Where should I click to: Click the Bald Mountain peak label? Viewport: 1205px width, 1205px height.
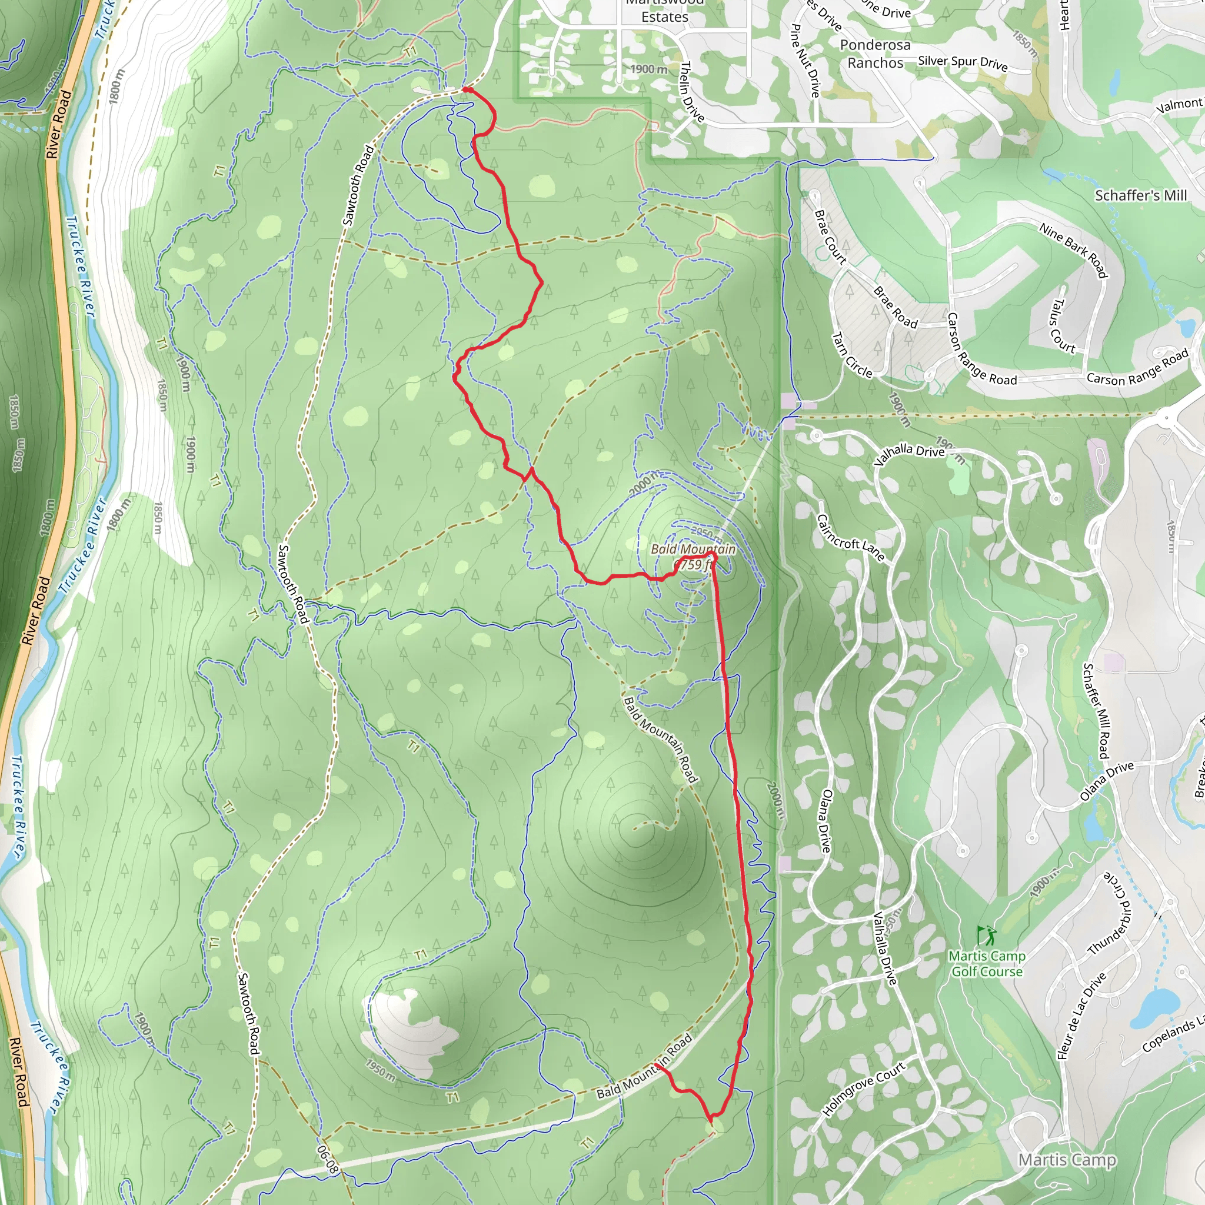(x=693, y=550)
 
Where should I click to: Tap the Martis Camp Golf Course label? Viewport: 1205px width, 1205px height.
(x=987, y=964)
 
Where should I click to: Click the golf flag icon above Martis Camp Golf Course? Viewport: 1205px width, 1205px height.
(x=987, y=936)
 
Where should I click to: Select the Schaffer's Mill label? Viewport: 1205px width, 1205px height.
(x=1141, y=195)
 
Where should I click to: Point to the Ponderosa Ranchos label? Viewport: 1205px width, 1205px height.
(x=875, y=54)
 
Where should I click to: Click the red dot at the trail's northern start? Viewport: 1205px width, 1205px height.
(x=466, y=90)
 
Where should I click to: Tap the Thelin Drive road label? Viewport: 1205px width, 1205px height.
(x=693, y=92)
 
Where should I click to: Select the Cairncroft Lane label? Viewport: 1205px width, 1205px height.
(x=851, y=537)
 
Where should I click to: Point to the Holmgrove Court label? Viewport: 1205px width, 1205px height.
(x=864, y=1089)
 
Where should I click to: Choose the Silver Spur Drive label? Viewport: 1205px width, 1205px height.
(x=963, y=63)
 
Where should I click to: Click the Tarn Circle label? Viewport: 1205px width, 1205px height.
(x=852, y=355)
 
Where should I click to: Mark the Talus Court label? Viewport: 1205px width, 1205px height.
(x=1063, y=326)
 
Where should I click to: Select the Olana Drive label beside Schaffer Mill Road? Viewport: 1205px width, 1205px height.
(x=1107, y=781)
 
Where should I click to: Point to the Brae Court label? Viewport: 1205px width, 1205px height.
(x=830, y=237)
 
